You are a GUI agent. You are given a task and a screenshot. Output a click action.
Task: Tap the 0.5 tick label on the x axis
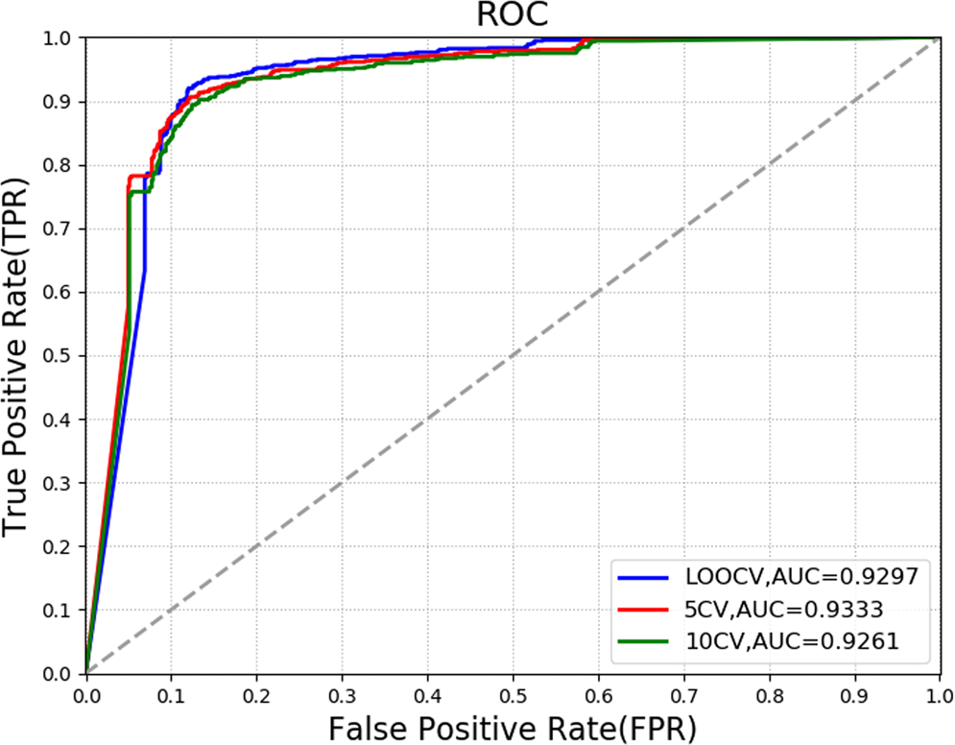(513, 690)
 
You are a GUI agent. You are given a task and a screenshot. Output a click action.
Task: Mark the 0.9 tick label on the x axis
(853, 690)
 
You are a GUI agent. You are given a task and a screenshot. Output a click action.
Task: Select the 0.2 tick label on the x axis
(256, 690)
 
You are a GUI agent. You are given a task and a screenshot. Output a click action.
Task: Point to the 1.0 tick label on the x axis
(938, 690)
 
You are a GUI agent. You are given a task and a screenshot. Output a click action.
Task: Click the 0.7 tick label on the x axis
(682, 690)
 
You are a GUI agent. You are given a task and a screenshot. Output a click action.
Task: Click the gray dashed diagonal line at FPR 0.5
(513, 356)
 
